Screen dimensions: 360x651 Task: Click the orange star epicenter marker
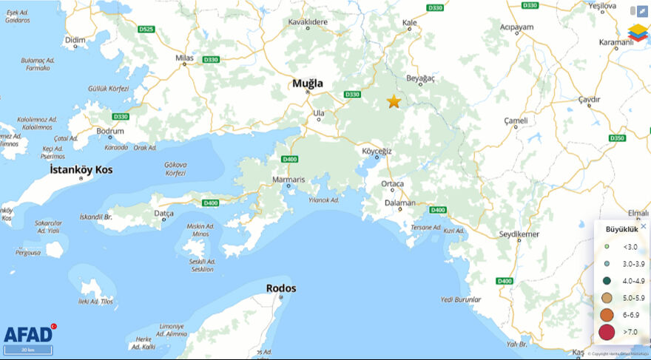394,102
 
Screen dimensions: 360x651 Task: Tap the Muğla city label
308,84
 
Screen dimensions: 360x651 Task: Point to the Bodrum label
110,130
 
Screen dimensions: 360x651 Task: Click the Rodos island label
281,288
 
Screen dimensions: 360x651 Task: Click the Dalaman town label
401,203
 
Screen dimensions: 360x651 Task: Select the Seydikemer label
519,234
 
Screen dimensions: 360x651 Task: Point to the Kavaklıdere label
307,22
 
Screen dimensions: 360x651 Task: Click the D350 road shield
618,138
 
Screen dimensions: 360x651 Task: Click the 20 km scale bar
29,350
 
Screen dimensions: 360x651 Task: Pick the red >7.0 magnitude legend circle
607,332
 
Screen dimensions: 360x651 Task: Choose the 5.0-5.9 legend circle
607,298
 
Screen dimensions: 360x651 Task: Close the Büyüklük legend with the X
643,226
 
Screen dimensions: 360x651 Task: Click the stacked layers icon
638,33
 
